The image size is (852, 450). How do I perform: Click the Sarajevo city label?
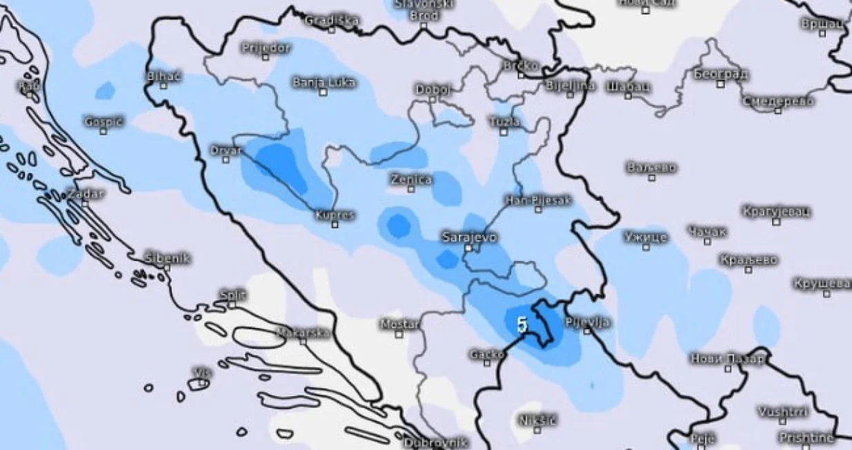468,237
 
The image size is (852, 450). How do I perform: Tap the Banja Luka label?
324,82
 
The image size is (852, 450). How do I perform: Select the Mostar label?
399,324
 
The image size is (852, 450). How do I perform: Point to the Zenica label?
411,179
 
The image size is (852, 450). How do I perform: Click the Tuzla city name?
504,121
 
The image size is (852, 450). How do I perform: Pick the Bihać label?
164,76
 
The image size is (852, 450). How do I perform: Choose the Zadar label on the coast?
85,193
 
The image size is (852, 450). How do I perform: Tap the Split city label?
232,295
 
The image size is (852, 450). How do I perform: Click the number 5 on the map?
522,324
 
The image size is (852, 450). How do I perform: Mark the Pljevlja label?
587,322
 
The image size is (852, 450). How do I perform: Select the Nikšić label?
537,419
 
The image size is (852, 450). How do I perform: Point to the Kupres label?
335,215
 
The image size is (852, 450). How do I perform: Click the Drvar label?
226,150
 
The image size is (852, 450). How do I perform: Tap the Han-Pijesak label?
538,200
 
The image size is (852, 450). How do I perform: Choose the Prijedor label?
266,48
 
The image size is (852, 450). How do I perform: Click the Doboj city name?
433,89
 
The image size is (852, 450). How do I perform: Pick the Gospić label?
103,121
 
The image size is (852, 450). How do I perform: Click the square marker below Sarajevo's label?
468,247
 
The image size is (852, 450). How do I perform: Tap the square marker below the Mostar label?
399,334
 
